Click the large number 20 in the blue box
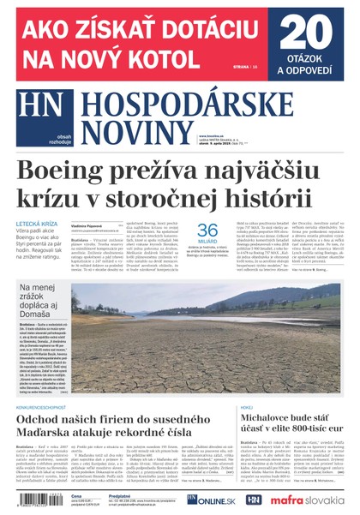pos(306,35)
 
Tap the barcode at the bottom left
pos(38,500)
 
